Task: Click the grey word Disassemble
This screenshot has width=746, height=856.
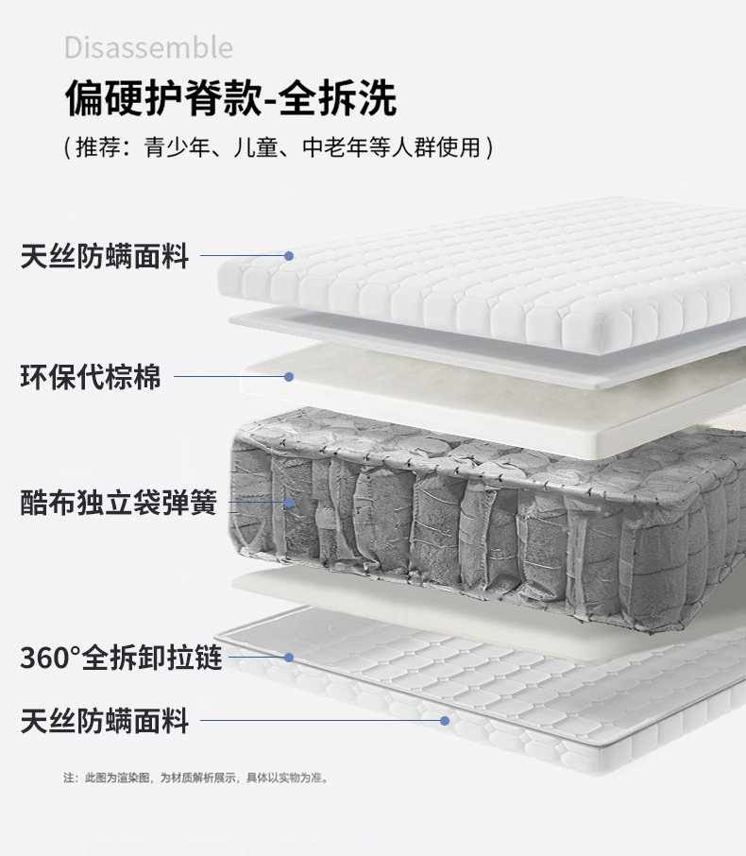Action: tap(148, 47)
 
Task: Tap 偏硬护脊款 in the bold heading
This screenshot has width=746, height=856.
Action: tap(161, 98)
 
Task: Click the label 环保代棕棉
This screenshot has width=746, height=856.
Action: tap(91, 377)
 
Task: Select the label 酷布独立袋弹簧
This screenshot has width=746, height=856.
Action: tap(118, 503)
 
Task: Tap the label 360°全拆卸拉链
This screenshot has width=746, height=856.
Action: tap(121, 658)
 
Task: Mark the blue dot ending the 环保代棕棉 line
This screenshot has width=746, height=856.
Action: tap(289, 377)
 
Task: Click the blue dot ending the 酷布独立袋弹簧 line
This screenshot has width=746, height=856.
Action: tap(289, 503)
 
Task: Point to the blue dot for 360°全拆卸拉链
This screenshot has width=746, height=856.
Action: tap(289, 658)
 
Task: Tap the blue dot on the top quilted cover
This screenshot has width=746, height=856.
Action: tap(289, 256)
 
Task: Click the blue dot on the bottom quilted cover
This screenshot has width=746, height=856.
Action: tap(444, 721)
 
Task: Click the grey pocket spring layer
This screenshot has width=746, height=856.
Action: tap(472, 510)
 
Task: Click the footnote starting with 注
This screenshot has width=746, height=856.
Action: tap(195, 779)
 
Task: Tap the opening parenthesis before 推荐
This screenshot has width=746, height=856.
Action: tap(67, 148)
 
